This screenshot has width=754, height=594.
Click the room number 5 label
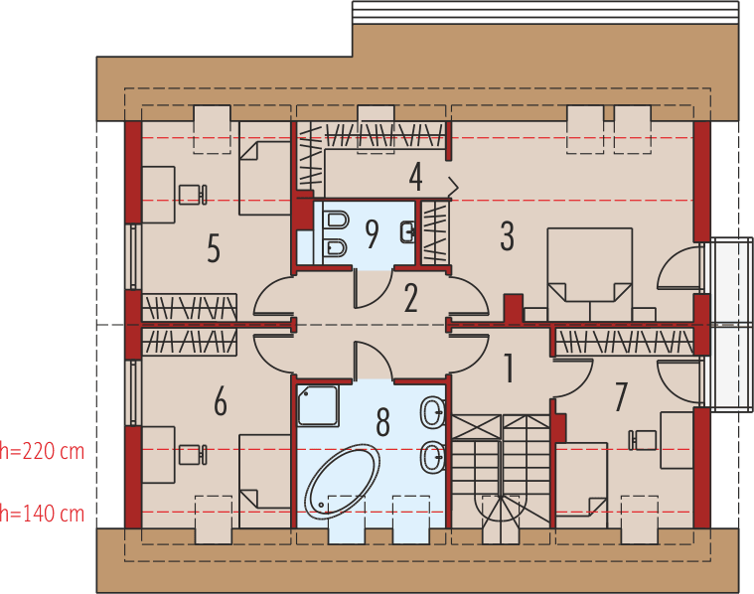(x=214, y=249)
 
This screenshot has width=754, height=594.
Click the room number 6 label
(x=221, y=402)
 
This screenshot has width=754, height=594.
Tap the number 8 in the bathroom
(x=382, y=422)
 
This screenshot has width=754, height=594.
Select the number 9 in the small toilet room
(x=372, y=234)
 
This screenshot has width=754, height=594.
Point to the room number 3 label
(x=507, y=236)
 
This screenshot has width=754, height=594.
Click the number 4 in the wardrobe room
(x=415, y=178)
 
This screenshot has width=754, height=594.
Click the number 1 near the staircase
(x=509, y=369)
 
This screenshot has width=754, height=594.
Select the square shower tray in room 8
(x=318, y=406)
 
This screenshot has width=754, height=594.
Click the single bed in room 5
(x=264, y=177)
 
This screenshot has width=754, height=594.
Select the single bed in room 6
(x=264, y=470)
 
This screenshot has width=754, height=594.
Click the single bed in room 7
(x=580, y=482)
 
